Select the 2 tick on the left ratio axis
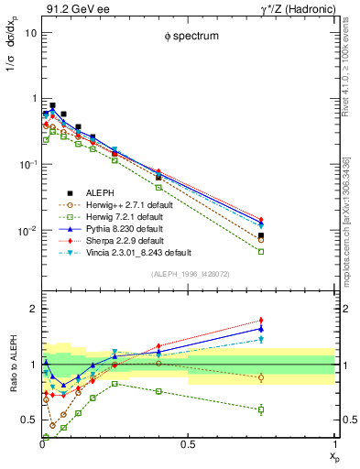pos(33,309)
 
